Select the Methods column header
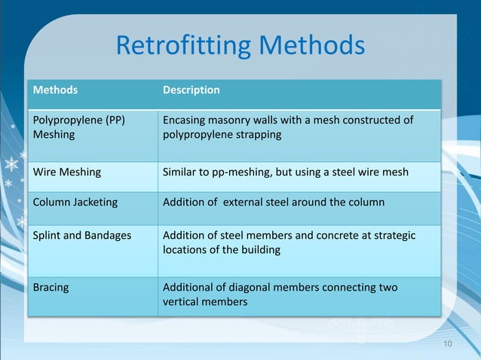point(54,90)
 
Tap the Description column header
point(191,90)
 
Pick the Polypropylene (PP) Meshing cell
point(78,127)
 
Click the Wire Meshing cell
point(66,172)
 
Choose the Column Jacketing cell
point(75,203)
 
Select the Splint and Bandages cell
point(81,236)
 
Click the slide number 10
point(448,344)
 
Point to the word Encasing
point(186,121)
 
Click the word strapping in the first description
point(257,136)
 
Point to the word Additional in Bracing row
point(190,288)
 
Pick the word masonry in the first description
point(231,121)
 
